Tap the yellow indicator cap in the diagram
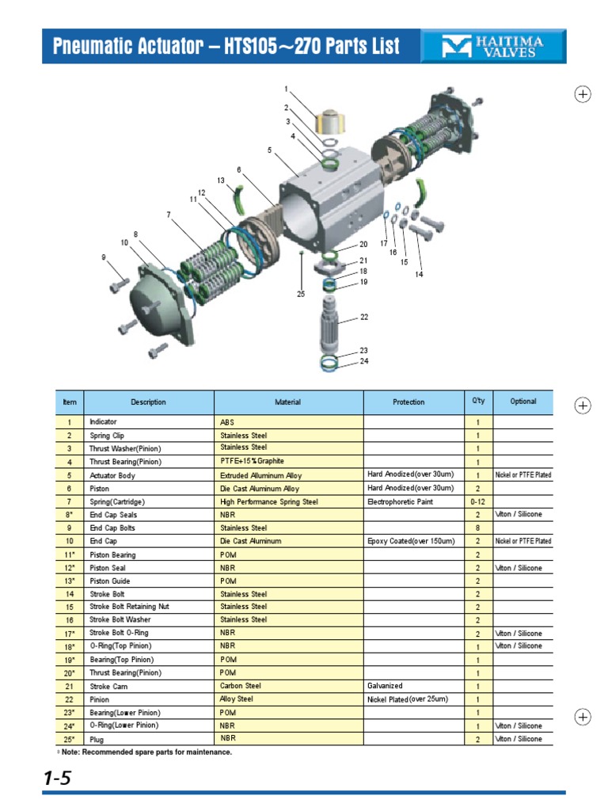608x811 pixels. pos(327,122)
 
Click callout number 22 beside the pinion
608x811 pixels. pos(364,317)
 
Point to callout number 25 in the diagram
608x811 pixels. pos(301,294)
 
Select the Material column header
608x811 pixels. pos(287,402)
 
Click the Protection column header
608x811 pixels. pos(408,402)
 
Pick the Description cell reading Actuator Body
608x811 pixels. pos(112,475)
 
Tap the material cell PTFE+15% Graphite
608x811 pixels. pos(252,461)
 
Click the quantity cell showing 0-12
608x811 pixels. pos(477,502)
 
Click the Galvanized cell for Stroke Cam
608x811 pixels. pos(386,686)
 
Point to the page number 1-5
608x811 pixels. pos(58,779)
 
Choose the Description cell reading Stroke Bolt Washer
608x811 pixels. pos(120,620)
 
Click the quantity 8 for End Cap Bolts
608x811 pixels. pos(477,528)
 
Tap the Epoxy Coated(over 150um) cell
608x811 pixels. pos(411,541)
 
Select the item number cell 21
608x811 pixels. pos(70,687)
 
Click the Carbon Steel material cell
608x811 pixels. pos(240,686)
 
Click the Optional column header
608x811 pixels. pos(522,402)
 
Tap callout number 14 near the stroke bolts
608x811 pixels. pos(420,274)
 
